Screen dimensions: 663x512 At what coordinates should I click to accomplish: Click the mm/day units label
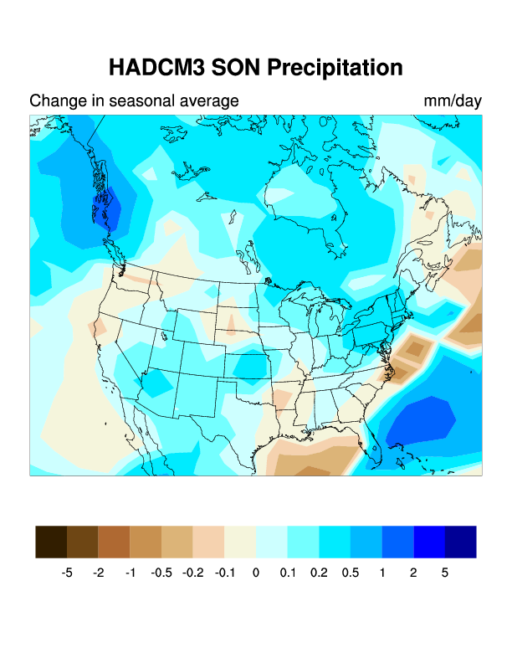coord(453,101)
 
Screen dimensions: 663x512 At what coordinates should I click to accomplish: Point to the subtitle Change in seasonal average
coord(134,101)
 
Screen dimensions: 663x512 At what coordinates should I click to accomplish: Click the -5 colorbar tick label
coord(67,573)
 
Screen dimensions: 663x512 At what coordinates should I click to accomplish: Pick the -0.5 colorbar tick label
coord(161,573)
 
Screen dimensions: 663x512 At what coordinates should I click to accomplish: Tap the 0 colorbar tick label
coord(256,573)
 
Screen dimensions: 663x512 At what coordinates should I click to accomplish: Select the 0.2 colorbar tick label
coord(319,573)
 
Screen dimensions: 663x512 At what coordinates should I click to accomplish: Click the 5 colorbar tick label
coord(445,573)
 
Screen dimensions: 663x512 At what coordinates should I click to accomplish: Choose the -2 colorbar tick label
coord(99,573)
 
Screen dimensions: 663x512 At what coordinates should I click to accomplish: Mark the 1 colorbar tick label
coord(381,573)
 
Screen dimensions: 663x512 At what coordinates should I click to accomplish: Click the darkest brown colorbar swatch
coord(51,542)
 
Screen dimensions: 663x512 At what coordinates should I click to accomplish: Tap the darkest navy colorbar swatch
coord(461,542)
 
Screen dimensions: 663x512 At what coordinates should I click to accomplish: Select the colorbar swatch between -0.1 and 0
coord(240,542)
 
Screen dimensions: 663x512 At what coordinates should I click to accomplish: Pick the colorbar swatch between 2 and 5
coord(429,542)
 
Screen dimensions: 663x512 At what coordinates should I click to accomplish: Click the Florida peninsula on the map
coord(371,450)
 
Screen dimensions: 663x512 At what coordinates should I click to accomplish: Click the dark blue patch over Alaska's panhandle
coord(105,201)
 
